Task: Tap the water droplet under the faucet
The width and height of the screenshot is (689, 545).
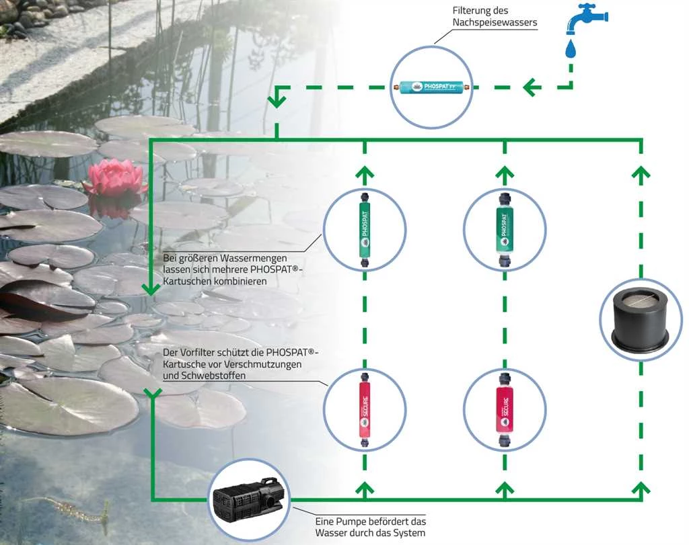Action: [571, 49]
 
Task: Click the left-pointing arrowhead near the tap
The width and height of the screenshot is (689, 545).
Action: [532, 87]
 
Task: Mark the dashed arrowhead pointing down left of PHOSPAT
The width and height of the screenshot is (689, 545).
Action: [276, 101]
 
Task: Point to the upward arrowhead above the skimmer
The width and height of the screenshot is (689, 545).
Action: [641, 172]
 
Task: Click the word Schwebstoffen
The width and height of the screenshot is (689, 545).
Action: [213, 376]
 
